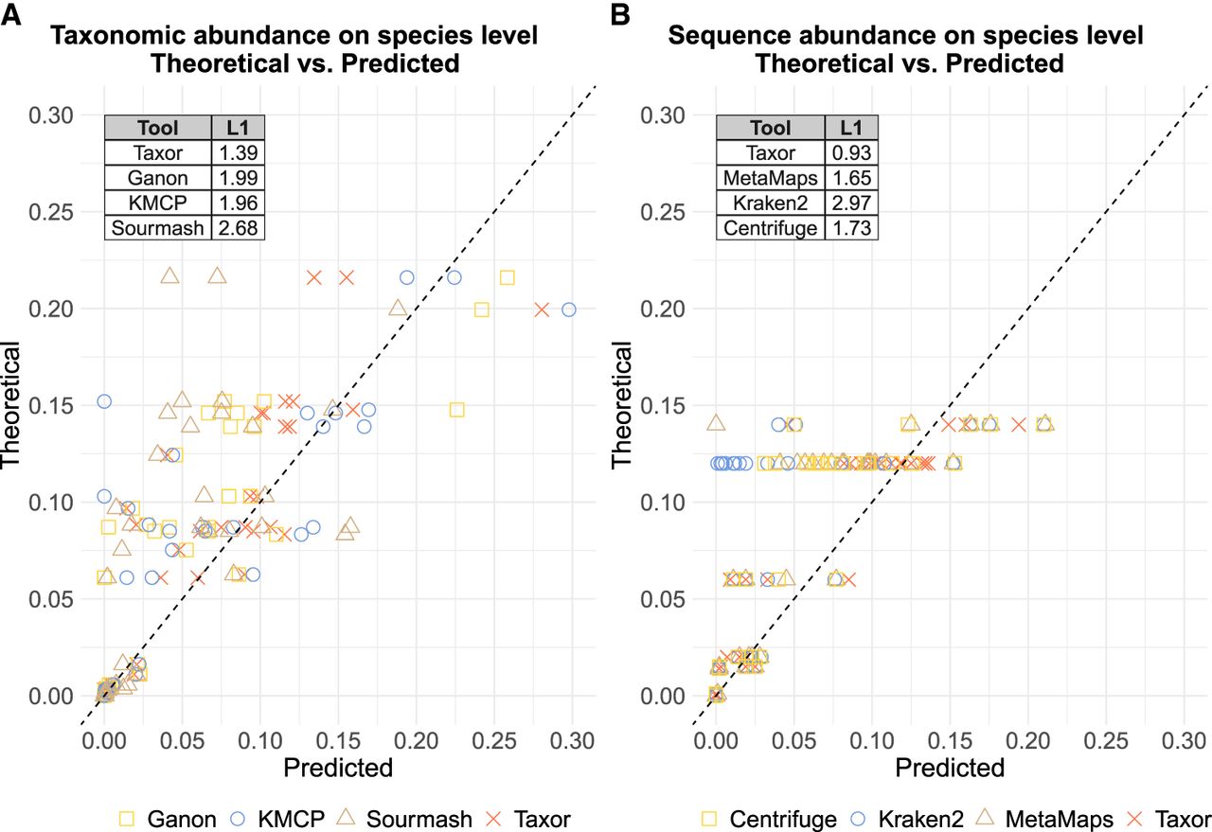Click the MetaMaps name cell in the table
pos(769,177)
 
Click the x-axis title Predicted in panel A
pos(338,767)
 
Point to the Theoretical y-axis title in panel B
pos(622,404)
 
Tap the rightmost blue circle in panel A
pos(568,310)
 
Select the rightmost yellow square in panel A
pos(507,277)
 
